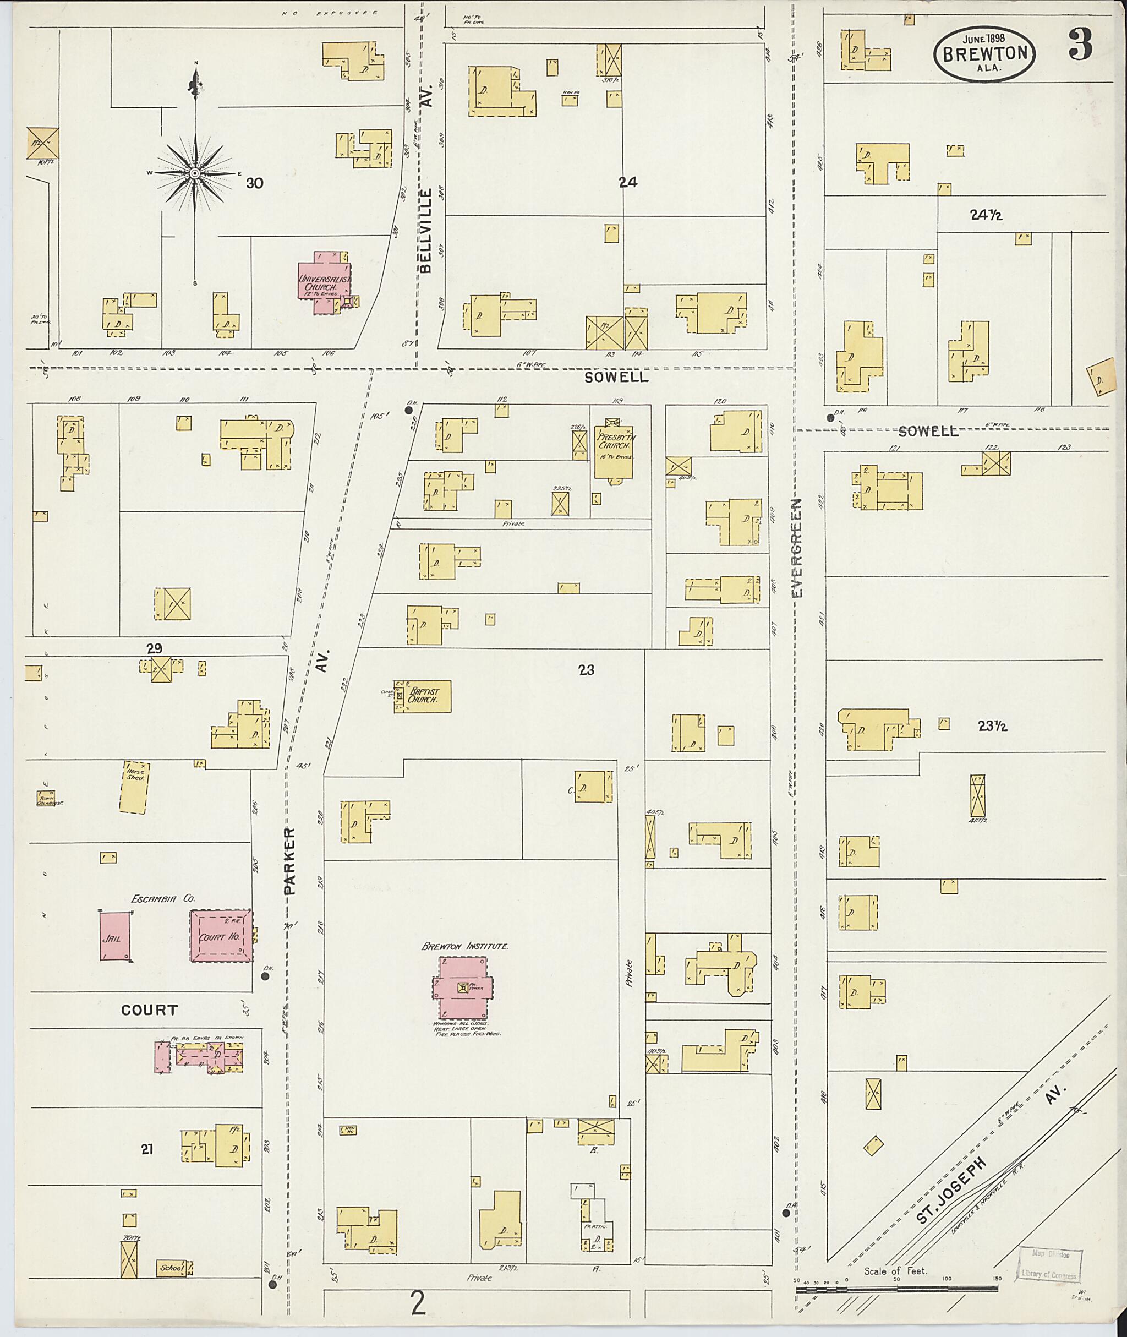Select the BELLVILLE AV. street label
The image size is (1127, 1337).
click(x=427, y=230)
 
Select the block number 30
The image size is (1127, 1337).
click(x=254, y=183)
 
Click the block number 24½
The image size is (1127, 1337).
click(x=986, y=215)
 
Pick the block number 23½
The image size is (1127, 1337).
click(x=992, y=725)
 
